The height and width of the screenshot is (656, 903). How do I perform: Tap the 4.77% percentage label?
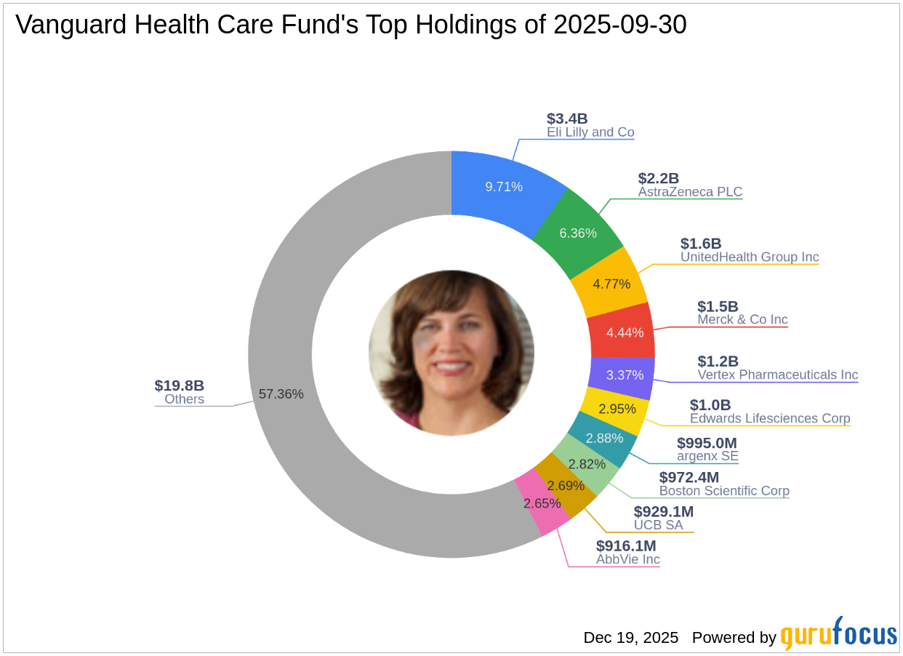611,284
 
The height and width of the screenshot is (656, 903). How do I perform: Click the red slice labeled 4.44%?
624,332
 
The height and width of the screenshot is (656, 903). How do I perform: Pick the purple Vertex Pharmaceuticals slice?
625,375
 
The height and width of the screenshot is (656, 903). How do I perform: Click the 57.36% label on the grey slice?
281,394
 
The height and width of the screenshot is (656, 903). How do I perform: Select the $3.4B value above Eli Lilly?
567,119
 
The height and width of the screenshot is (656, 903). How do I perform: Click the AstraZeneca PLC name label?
690,192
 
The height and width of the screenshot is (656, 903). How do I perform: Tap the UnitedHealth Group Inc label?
750,257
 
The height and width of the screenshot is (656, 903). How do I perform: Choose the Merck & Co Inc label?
742,319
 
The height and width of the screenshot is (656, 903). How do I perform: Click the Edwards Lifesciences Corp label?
770,418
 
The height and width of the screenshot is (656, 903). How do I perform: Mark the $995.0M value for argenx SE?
707,443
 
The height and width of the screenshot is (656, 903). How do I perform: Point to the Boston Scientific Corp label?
724,491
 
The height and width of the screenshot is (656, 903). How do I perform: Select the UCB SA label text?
658,524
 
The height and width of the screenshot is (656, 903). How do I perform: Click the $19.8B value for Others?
179,385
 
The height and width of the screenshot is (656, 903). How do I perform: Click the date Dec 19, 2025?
630,638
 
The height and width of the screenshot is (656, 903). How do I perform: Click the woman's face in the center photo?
451,349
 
